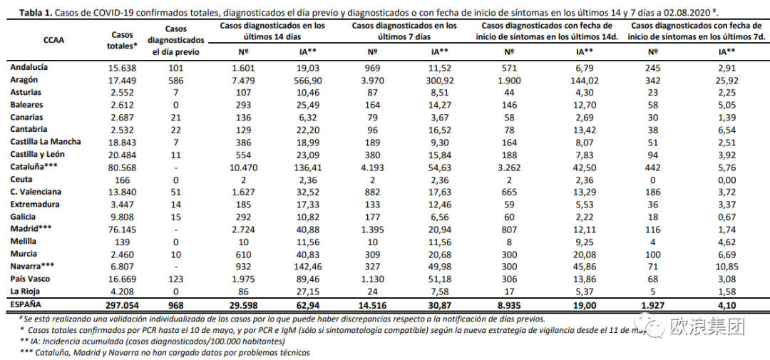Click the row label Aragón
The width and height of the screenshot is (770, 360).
coord(25,79)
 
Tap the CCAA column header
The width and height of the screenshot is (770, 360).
coord(53,41)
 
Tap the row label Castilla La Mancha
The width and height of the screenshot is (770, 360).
coord(45,142)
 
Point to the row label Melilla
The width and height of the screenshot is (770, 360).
coord(25,242)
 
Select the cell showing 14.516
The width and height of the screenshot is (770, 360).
coord(373,304)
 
